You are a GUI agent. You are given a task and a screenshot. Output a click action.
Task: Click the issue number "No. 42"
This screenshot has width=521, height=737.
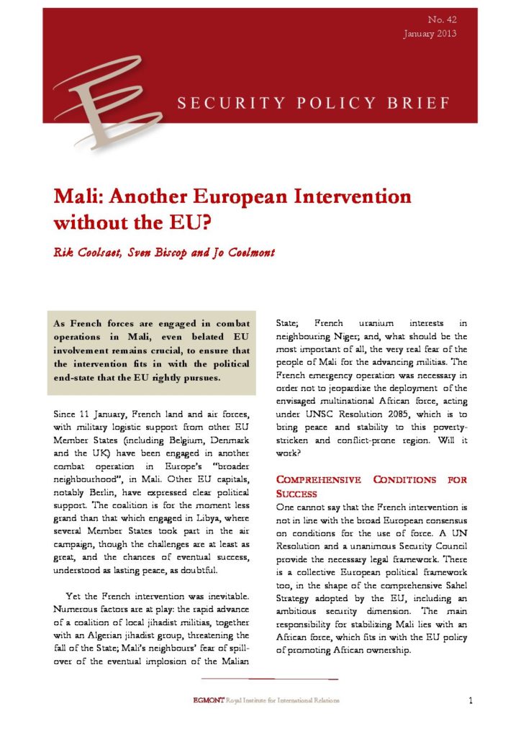pos(443,19)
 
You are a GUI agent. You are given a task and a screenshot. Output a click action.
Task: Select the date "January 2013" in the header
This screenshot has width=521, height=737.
pos(430,34)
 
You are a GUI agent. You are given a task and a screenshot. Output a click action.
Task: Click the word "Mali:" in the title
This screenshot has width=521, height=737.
pos(80,195)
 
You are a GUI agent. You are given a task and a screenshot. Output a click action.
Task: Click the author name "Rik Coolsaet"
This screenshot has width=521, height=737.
pos(89,253)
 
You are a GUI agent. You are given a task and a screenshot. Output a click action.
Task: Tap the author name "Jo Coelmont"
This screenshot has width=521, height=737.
pos(252,253)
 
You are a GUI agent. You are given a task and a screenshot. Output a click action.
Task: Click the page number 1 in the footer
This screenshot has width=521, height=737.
pos(469,700)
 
